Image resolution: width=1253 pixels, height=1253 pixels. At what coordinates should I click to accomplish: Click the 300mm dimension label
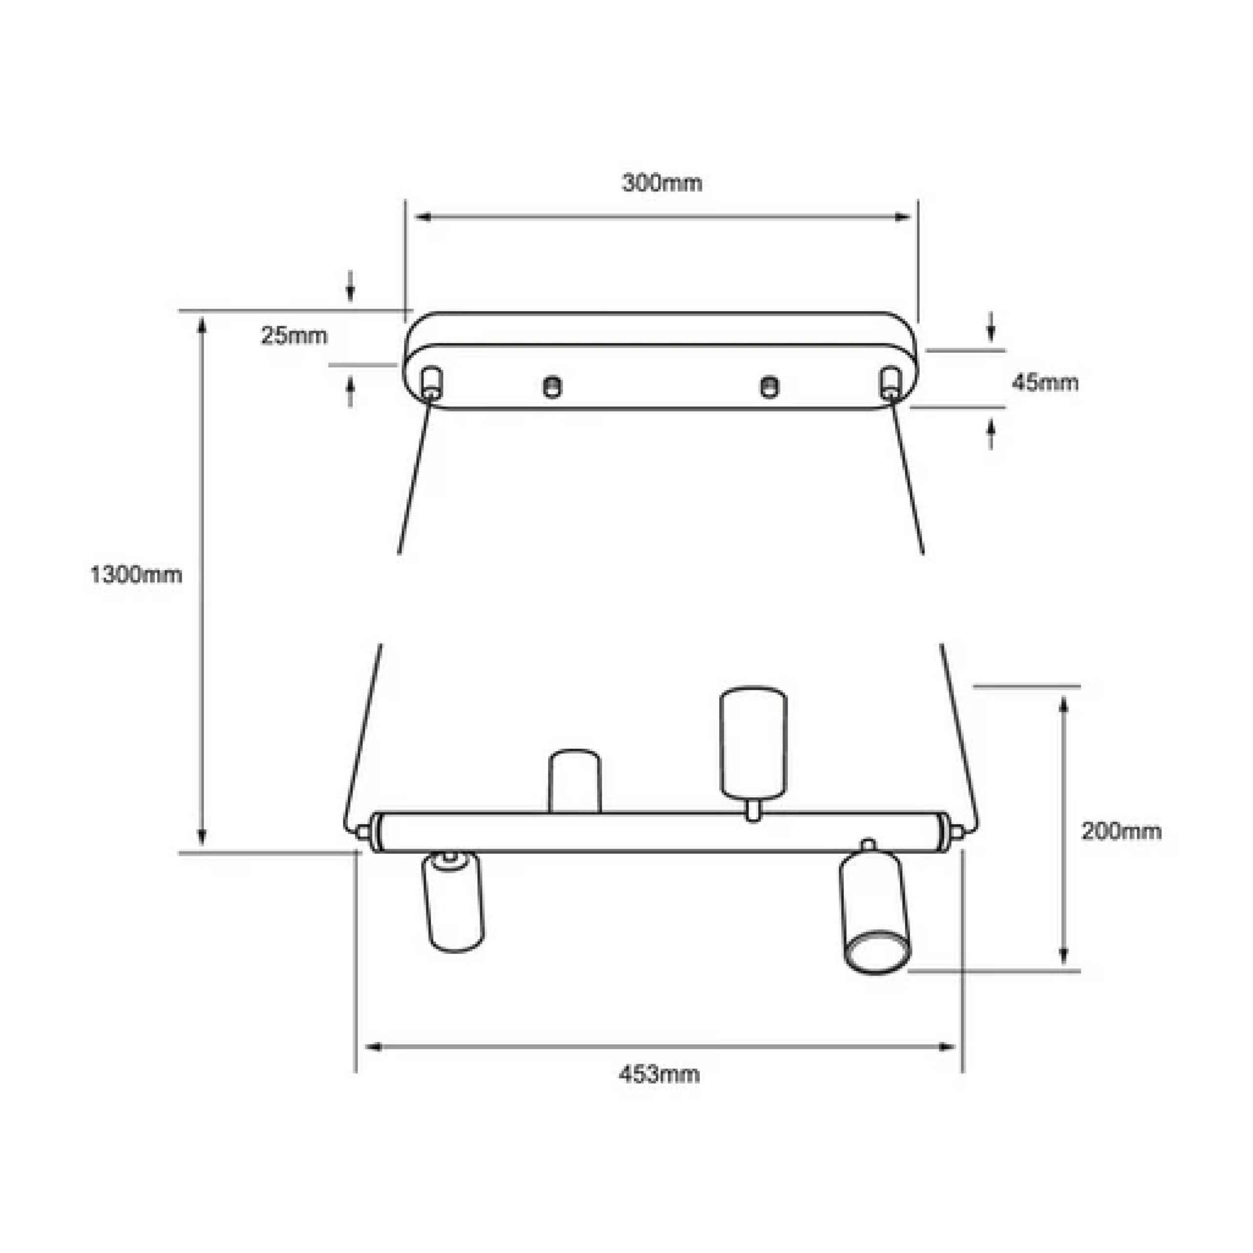click(x=662, y=184)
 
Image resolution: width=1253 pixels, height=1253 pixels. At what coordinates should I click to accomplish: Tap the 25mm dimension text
click(x=295, y=336)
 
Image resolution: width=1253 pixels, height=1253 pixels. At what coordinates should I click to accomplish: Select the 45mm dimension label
click(x=1045, y=383)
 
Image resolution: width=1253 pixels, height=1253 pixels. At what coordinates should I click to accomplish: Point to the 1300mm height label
click(x=136, y=575)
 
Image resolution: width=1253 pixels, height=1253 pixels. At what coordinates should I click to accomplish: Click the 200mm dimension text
click(x=1121, y=832)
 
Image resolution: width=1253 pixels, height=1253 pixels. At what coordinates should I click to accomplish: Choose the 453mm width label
click(x=659, y=1075)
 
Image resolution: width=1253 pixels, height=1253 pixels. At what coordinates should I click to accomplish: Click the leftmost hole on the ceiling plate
click(x=432, y=381)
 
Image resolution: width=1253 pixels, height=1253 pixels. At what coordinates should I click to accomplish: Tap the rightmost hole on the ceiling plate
click(x=889, y=381)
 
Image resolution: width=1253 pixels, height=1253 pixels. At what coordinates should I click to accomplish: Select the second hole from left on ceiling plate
click(x=552, y=387)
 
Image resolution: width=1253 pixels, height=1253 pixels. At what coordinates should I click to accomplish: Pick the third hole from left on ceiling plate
click(x=769, y=387)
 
